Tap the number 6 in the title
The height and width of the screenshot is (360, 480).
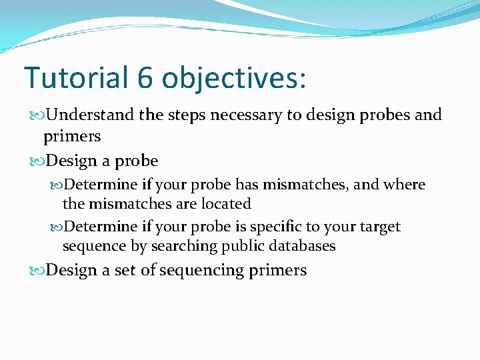[x=146, y=78]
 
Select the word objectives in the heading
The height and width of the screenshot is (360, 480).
[x=234, y=79]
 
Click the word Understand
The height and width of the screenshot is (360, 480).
[x=91, y=115]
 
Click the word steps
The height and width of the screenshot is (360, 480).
[x=186, y=115]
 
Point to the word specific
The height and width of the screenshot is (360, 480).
[x=275, y=227]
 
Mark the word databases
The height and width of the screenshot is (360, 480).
[x=305, y=246]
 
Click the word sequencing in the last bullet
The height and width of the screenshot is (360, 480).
[x=201, y=270]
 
